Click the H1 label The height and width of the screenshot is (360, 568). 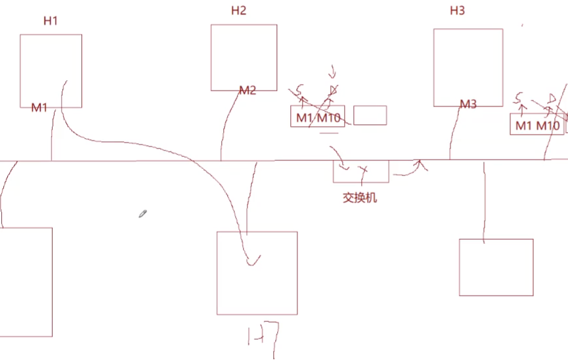pyautogui.click(x=51, y=20)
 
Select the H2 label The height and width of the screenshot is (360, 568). pyautogui.click(x=238, y=11)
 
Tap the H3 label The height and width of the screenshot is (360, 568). pyautogui.click(x=457, y=11)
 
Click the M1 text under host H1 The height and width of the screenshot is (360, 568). pyautogui.click(x=39, y=107)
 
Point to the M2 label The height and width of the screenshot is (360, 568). pyautogui.click(x=247, y=91)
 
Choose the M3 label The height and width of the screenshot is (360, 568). pyautogui.click(x=468, y=104)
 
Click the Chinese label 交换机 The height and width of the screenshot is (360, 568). pyautogui.click(x=360, y=197)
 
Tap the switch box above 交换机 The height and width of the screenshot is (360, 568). pyautogui.click(x=360, y=171)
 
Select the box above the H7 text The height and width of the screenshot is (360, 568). pyautogui.click(x=257, y=273)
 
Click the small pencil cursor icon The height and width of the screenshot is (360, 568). pyautogui.click(x=142, y=214)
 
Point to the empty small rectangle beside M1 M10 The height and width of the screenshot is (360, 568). pyautogui.click(x=370, y=115)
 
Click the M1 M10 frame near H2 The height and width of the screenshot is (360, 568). pyautogui.click(x=318, y=117)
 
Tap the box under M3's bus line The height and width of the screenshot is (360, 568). pyautogui.click(x=496, y=267)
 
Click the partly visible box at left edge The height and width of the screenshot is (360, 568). pyautogui.click(x=26, y=282)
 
